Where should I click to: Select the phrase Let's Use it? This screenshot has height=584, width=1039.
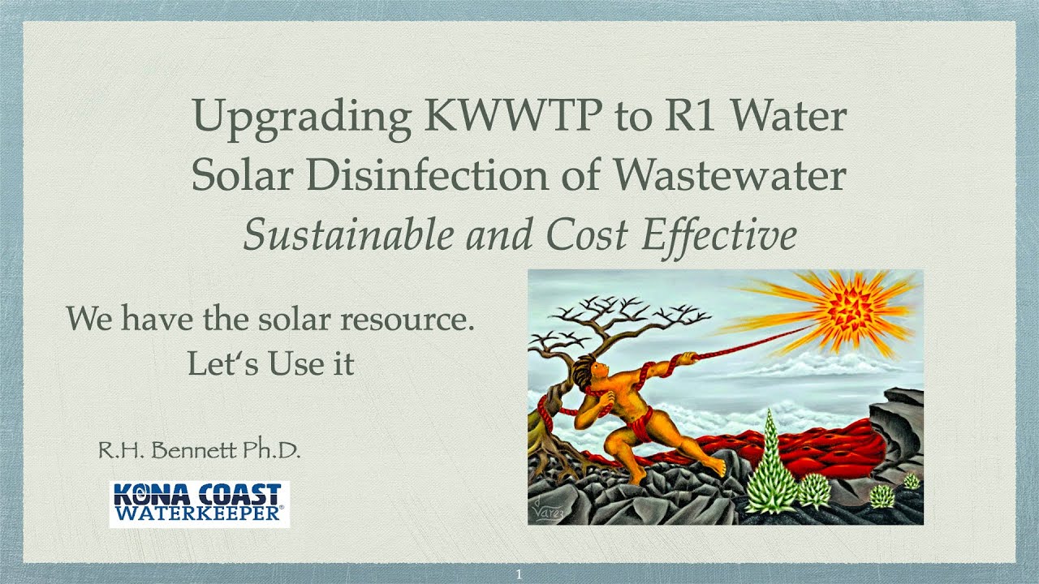(271, 363)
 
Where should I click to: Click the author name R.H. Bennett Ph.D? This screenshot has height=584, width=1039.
(199, 451)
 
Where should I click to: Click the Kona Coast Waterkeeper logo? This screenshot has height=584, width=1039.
(199, 504)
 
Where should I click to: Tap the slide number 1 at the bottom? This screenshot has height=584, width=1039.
(519, 574)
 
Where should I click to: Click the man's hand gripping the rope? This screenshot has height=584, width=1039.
(686, 357)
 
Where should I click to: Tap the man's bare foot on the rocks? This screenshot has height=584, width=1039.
(714, 467)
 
